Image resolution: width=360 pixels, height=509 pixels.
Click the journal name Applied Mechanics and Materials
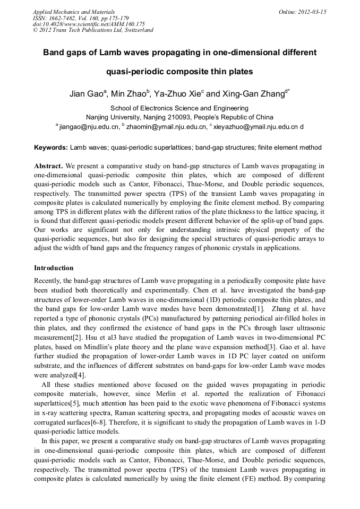pyautogui.click(x=74, y=12)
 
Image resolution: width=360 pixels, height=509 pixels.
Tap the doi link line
pyautogui.click(x=89, y=24)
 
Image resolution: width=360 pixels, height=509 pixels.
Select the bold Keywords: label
pyautogui.click(x=50, y=148)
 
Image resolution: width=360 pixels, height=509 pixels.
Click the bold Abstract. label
pyautogui.click(x=49, y=166)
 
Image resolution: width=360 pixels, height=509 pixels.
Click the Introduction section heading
pyautogui.click(x=54, y=268)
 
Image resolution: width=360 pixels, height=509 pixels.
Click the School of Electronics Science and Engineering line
pyautogui.click(x=179, y=108)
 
